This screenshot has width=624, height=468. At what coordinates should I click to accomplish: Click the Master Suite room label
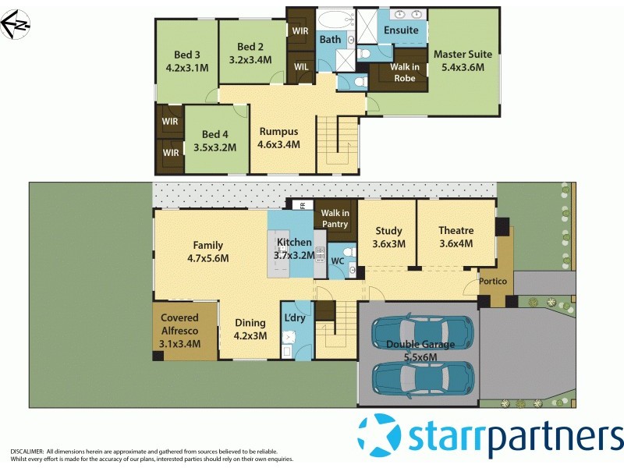pyautogui.click(x=463, y=54)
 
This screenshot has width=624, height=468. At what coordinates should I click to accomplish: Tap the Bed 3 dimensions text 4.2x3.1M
pyautogui.click(x=187, y=68)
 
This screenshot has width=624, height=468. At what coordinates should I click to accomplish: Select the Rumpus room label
pyautogui.click(x=278, y=131)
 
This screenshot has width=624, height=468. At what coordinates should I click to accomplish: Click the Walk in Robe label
pyautogui.click(x=404, y=73)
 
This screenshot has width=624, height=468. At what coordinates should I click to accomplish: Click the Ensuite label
pyautogui.click(x=401, y=30)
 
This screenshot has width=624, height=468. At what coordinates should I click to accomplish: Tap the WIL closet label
pyautogui.click(x=301, y=66)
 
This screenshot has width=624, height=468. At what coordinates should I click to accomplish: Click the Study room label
pyautogui.click(x=388, y=230)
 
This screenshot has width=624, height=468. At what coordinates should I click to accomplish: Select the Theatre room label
pyautogui.click(x=456, y=230)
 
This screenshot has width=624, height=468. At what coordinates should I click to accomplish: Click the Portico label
pyautogui.click(x=493, y=281)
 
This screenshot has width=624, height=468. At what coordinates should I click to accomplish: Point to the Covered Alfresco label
pyautogui.click(x=180, y=324)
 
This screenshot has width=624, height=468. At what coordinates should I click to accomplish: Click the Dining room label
pyautogui.click(x=250, y=322)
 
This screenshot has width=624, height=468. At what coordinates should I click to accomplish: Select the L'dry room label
pyautogui.click(x=295, y=318)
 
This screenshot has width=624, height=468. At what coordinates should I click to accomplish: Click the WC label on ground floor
pyautogui.click(x=337, y=261)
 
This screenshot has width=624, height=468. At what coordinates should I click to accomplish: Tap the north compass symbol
pyautogui.click(x=16, y=24)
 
